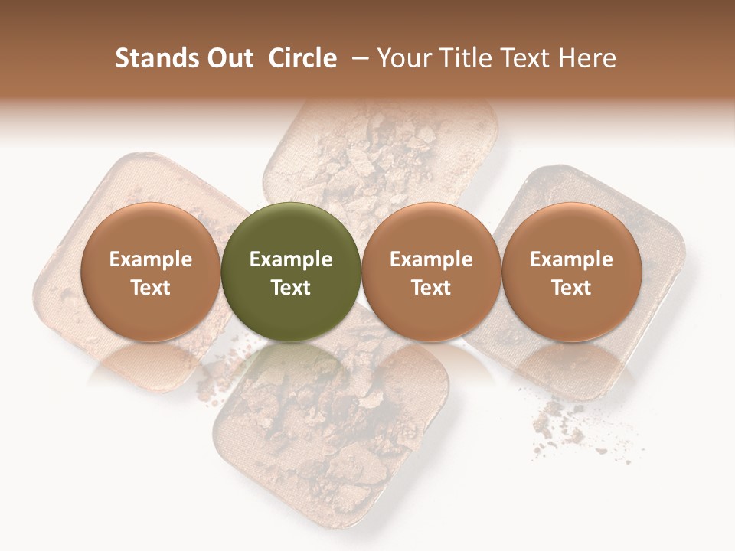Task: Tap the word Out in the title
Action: click(x=229, y=58)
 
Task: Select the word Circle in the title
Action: click(x=302, y=58)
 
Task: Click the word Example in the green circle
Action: click(x=290, y=259)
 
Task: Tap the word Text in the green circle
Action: click(x=290, y=288)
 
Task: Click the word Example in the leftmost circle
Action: click(x=150, y=259)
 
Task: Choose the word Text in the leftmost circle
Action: click(x=150, y=288)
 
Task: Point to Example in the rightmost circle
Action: click(x=571, y=259)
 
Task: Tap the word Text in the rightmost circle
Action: click(x=571, y=288)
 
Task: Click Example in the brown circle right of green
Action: click(x=431, y=259)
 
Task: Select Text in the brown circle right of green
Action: click(x=431, y=288)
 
